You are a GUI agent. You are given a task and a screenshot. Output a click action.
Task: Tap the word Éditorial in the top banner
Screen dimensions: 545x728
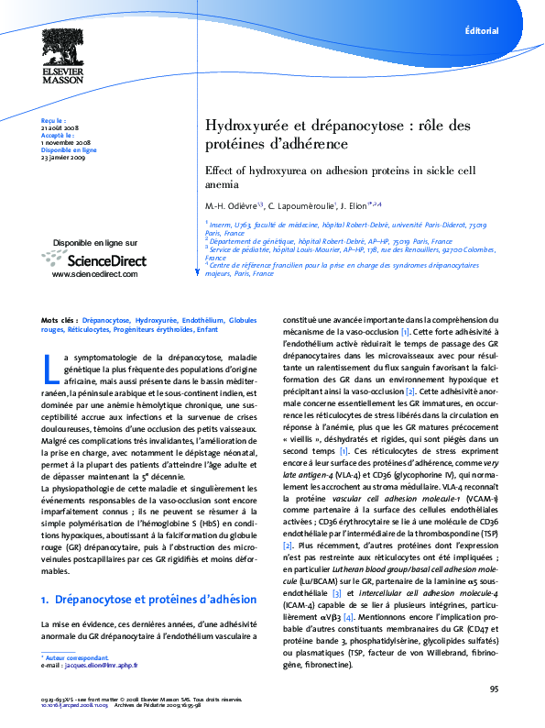point(482,30)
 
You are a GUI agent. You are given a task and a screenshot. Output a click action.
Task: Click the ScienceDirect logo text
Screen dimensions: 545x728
point(107,260)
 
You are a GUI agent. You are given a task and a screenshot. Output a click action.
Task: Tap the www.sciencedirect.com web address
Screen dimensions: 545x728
point(95,274)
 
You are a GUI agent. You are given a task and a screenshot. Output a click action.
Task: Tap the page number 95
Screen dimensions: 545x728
point(494,689)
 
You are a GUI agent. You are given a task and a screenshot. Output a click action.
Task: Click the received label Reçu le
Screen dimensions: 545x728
point(54,119)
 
